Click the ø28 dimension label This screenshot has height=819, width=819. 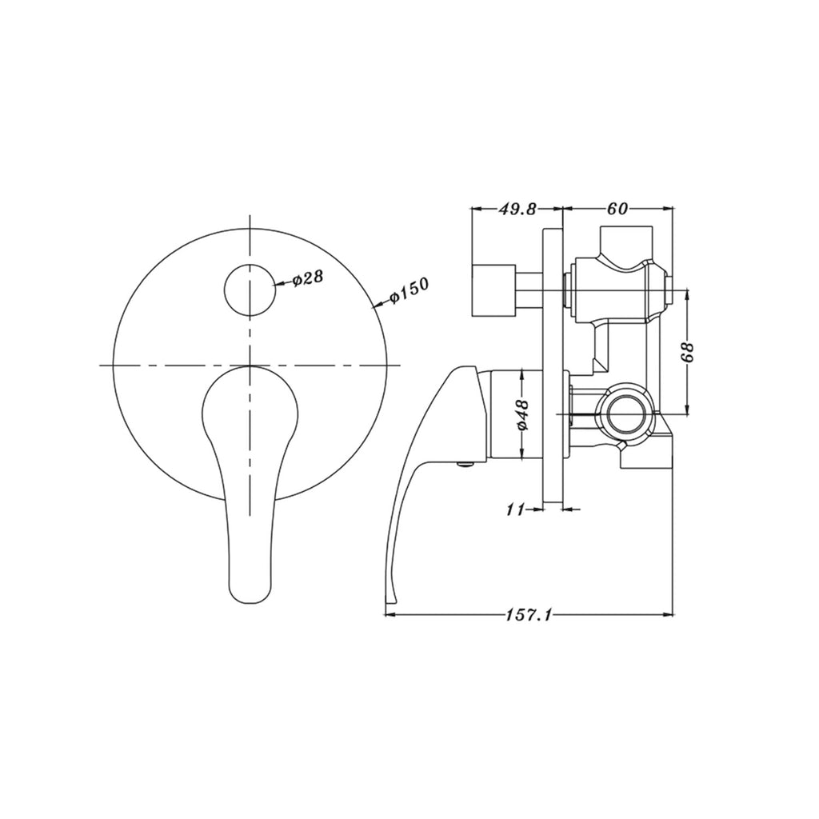[307, 279]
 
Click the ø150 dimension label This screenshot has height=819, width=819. [409, 292]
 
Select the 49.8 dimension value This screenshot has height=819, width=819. [517, 210]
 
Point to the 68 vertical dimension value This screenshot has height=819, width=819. [691, 352]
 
